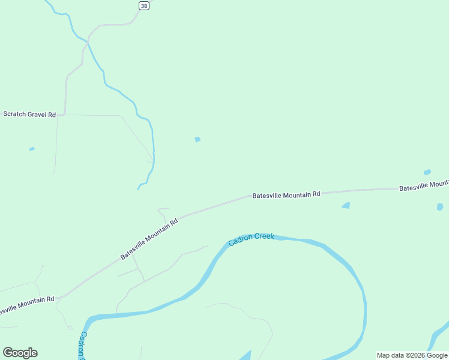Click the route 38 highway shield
pyautogui.click(x=143, y=5)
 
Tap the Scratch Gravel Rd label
pyautogui.click(x=29, y=114)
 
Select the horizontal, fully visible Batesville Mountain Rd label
pyautogui.click(x=286, y=194)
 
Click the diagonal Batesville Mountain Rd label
pyautogui.click(x=149, y=239)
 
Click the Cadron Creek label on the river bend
pyautogui.click(x=251, y=239)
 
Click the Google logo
pyautogui.click(x=20, y=353)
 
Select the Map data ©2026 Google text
pyautogui.click(x=412, y=355)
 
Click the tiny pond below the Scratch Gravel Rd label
pyautogui.click(x=32, y=149)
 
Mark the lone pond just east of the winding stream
pyautogui.click(x=197, y=140)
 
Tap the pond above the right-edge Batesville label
pyautogui.click(x=427, y=172)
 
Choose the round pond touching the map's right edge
pyautogui.click(x=440, y=207)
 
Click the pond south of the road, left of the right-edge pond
pyautogui.click(x=346, y=206)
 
